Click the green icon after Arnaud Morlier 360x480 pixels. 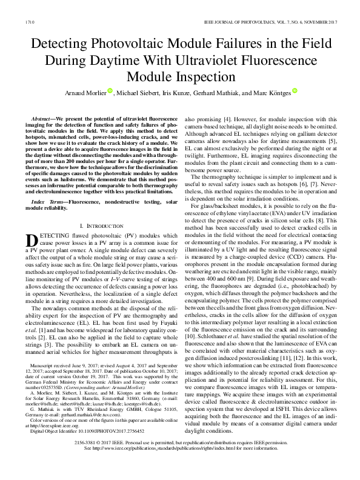[110, 91]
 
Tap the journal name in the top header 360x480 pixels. [267, 22]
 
